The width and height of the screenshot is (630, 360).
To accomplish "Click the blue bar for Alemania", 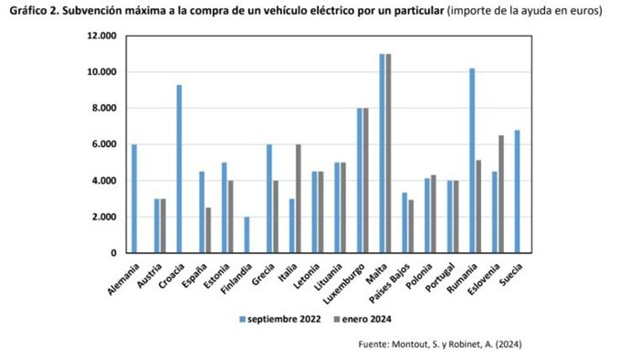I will point(134,198).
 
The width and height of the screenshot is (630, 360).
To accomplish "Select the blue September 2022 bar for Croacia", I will point(180,169).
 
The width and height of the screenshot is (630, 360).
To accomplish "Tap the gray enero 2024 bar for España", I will point(208,230).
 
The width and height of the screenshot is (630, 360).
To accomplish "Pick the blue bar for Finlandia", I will point(247,235).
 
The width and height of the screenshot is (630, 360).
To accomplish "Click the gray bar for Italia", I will point(298,198).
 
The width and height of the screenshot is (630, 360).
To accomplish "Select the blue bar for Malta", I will point(382,154).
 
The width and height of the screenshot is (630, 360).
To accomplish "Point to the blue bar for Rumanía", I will point(471,161).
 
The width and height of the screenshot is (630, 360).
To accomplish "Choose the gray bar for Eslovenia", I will point(500,194).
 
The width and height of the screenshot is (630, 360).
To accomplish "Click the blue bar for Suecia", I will point(517,191).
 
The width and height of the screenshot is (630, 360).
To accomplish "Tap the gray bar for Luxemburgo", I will point(366,180).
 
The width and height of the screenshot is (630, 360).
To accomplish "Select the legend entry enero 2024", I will point(350,319).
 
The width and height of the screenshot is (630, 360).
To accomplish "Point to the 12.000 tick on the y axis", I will point(101,36).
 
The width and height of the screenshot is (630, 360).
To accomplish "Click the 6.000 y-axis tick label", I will point(104,144).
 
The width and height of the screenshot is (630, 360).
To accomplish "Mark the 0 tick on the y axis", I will point(112,253).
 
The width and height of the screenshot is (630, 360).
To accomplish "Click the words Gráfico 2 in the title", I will point(34,11).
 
